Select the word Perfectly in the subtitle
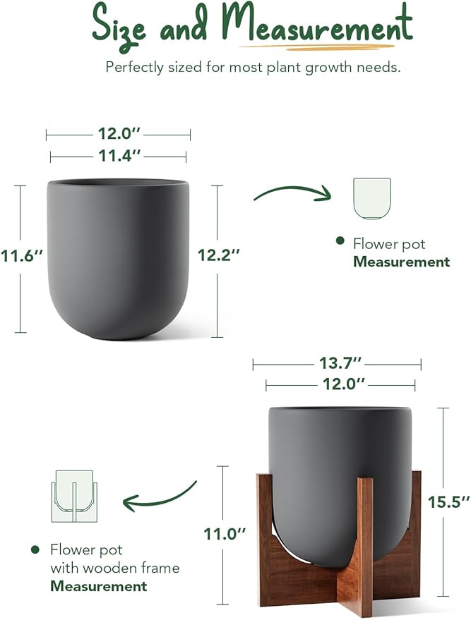coord(136,68)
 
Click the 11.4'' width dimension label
coord(119,157)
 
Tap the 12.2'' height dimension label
coord(219,256)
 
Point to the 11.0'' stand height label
coord(225,534)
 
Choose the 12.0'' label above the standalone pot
coord(119,134)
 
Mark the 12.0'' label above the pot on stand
coord(340,384)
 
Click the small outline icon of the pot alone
coord(371,199)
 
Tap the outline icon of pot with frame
coord(74,497)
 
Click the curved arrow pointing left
coord(159,497)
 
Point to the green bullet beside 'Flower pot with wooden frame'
coord(35,549)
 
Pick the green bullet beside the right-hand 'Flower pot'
coord(340,242)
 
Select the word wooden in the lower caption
coord(154,567)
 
